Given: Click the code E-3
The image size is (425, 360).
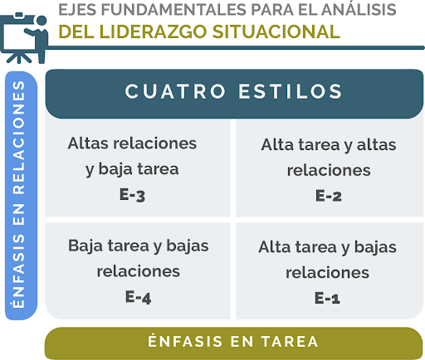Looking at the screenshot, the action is pyautogui.click(x=132, y=195).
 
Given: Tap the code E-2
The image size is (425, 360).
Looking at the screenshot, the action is pyautogui.click(x=329, y=196).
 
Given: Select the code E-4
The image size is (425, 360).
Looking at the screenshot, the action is pyautogui.click(x=138, y=297).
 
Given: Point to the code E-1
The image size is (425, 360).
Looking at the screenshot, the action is pyautogui.click(x=327, y=298).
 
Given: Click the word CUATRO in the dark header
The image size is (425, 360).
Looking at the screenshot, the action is pyautogui.click(x=175, y=91).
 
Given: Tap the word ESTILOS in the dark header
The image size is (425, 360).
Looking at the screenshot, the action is pyautogui.click(x=291, y=91).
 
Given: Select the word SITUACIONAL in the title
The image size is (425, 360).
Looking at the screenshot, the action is pyautogui.click(x=276, y=32).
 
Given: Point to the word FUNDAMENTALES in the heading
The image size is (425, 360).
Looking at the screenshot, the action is pyautogui.click(x=173, y=9).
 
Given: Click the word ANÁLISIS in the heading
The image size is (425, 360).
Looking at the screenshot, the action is pyautogui.click(x=359, y=9).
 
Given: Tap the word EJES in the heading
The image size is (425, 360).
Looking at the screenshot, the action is pyautogui.click(x=77, y=9).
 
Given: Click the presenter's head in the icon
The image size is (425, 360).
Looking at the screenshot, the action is pyautogui.click(x=42, y=21).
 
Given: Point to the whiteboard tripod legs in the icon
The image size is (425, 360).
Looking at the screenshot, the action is pyautogui.click(x=19, y=57).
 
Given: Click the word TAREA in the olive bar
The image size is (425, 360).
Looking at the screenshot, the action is pyautogui.click(x=290, y=342).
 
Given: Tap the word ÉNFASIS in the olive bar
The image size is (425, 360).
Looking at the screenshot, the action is pyautogui.click(x=185, y=341).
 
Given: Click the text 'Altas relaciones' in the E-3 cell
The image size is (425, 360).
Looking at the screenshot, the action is pyautogui.click(x=132, y=144).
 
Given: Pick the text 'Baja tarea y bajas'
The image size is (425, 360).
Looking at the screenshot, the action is pyautogui.click(x=139, y=246).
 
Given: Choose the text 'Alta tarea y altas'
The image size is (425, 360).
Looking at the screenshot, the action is pyautogui.click(x=329, y=145).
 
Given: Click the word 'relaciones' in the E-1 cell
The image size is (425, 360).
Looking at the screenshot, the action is pyautogui.click(x=327, y=273).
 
